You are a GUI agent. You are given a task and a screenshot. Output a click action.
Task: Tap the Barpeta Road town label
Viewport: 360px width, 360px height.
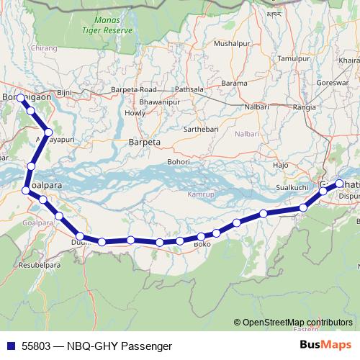click(133, 89)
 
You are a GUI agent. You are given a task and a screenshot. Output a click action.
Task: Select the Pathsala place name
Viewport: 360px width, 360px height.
click(189, 89)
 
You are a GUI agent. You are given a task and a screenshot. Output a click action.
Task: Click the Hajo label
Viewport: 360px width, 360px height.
click(281, 166)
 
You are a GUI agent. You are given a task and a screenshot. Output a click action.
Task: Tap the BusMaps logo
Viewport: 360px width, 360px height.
click(327, 346)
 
